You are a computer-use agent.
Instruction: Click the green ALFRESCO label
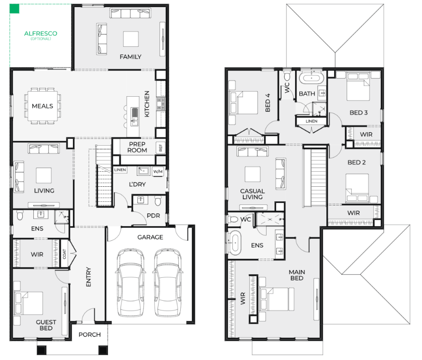tap(41, 34)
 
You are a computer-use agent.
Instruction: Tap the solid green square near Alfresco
tap(15, 9)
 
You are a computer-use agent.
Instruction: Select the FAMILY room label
tap(130, 57)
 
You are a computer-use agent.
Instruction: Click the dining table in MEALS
tap(43, 106)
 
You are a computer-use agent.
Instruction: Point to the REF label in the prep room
tap(161, 147)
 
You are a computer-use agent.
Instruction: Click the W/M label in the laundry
tap(157, 171)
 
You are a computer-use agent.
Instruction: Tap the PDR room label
tap(153, 215)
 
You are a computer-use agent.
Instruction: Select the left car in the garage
tap(130, 282)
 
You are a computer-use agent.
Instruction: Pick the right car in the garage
tap(168, 282)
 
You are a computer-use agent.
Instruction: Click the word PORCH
tap(89, 335)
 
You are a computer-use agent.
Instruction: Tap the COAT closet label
tap(64, 254)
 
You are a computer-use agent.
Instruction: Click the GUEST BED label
tap(46, 325)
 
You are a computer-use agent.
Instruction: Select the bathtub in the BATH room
tap(311, 78)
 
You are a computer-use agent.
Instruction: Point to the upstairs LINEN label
tap(311, 121)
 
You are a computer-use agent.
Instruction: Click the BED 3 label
tap(359, 113)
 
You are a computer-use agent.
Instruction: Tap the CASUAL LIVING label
tap(252, 194)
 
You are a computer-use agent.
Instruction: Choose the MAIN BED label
tap(297, 275)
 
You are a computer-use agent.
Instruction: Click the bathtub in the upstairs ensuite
tap(235, 243)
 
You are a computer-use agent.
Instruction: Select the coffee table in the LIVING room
tap(44, 175)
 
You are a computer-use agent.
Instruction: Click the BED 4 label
tap(268, 102)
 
